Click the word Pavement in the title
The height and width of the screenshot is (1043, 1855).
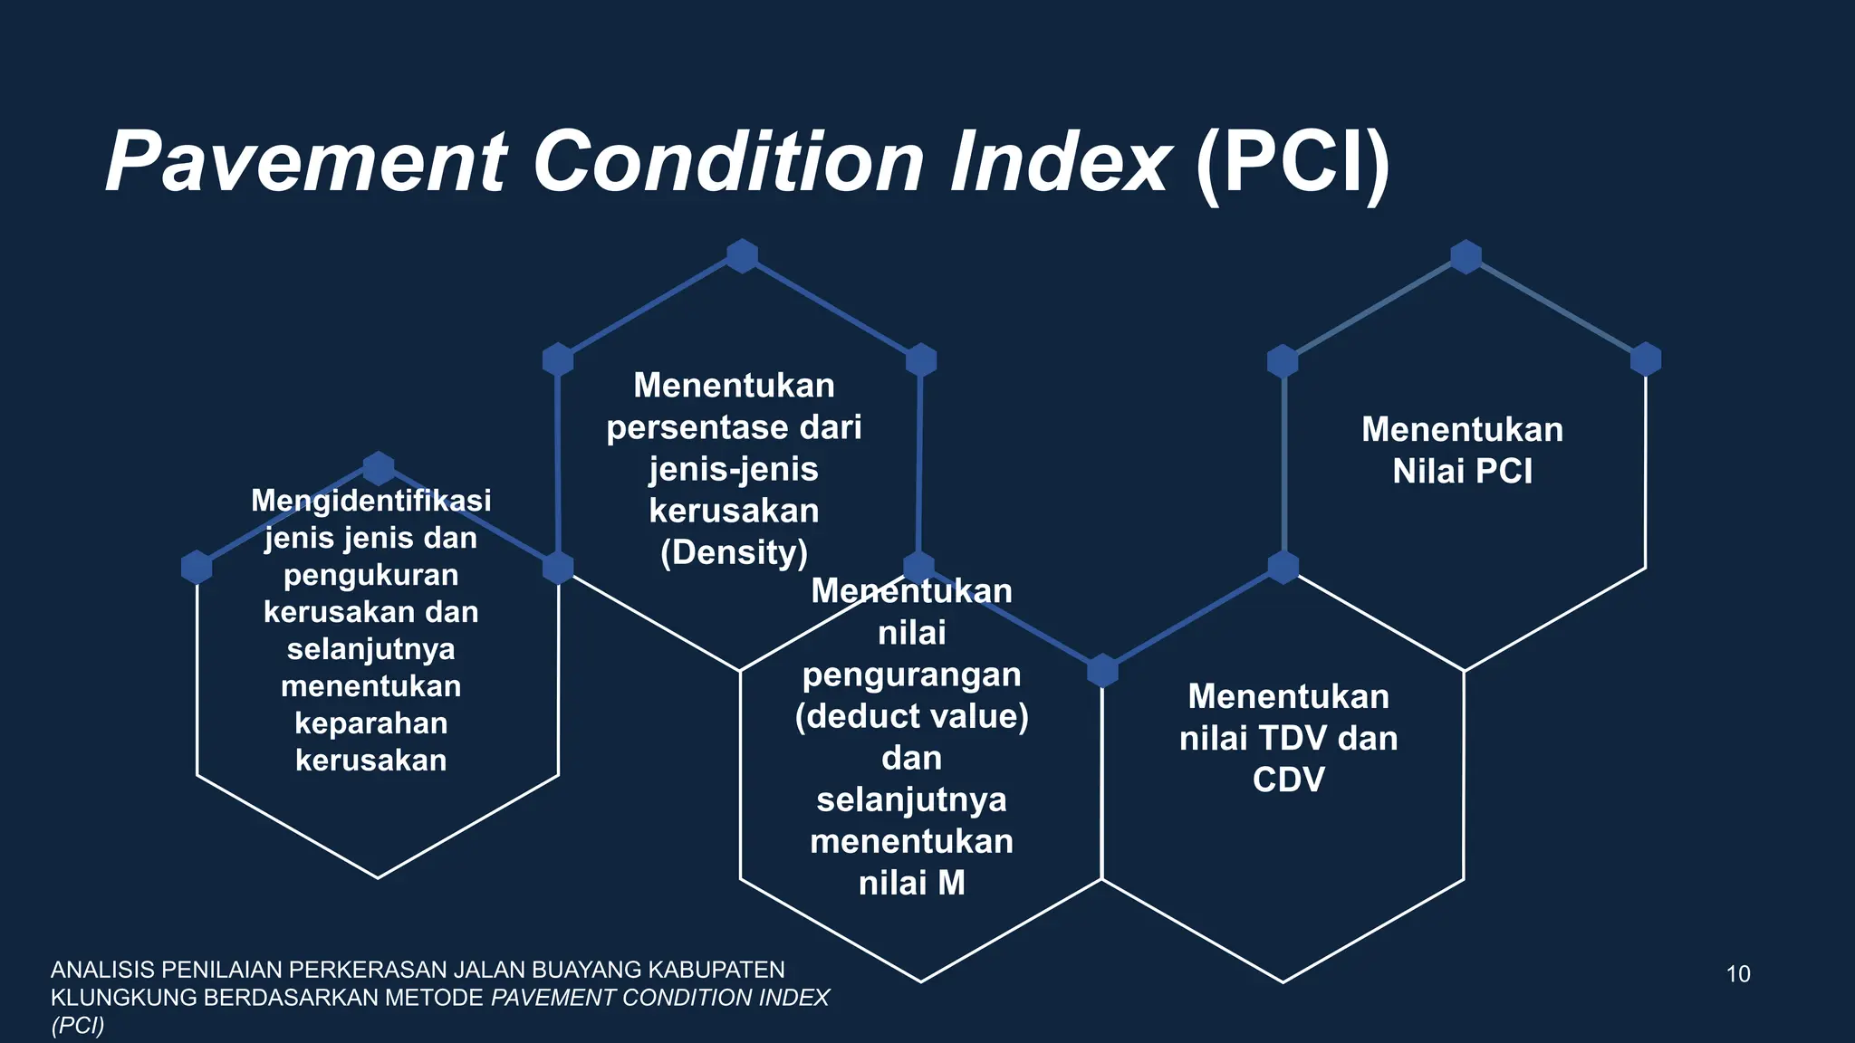pos(306,163)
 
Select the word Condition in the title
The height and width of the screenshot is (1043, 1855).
pos(728,163)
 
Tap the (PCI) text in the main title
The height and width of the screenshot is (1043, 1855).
pos(1293,163)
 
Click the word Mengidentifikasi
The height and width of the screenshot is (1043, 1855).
pos(370,501)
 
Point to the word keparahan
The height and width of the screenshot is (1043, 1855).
pos(370,723)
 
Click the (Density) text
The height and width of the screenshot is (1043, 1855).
pos(734,552)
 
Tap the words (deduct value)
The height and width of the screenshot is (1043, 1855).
pos(912,716)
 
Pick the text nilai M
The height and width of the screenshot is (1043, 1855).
pos(912,883)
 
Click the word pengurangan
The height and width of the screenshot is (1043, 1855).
pos(912,675)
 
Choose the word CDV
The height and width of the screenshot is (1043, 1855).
pos(1288,780)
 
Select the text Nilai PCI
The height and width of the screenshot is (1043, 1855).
pos(1462,471)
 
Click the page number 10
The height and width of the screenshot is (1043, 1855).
pos(1737,974)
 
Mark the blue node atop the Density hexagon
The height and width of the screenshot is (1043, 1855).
pos(742,256)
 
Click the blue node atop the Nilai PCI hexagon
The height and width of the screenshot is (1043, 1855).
pos(1466,256)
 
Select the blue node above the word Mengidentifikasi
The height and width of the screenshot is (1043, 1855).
pos(378,468)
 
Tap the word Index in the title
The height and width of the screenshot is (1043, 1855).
pos(1060,163)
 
